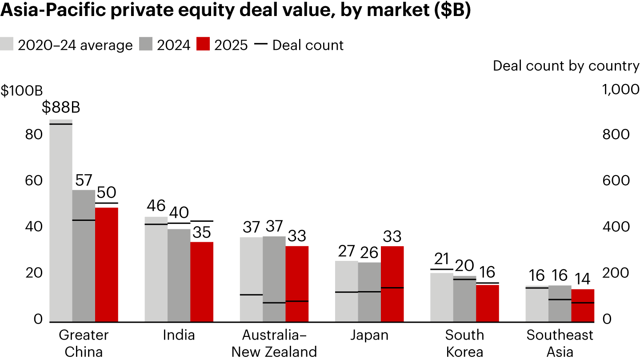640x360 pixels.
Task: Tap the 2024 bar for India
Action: click(179, 275)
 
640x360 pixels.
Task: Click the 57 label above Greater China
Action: click(84, 180)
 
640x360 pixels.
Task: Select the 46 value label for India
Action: click(156, 206)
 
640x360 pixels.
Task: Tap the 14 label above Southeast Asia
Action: click(582, 279)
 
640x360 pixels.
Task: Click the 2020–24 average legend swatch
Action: click(8, 45)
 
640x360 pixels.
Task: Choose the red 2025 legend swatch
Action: click(203, 45)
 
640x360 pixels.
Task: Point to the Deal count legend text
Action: click(308, 45)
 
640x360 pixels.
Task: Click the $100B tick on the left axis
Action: click(21, 90)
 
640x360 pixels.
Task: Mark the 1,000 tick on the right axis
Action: click(620, 90)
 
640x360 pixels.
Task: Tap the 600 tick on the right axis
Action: click(616, 181)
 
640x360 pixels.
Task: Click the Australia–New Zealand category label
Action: click(274, 343)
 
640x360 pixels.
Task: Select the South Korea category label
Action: click(464, 343)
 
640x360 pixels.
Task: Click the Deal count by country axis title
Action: click(566, 66)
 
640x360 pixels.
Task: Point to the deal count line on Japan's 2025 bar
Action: click(392, 288)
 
